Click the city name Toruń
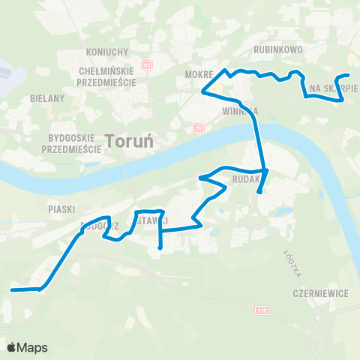(133, 140)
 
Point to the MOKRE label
(198, 75)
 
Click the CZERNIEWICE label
(321, 293)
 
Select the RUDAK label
(245, 179)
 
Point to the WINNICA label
(240, 110)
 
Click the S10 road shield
(261, 309)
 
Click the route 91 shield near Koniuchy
(147, 65)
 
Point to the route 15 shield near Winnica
(198, 128)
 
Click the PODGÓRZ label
(96, 224)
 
